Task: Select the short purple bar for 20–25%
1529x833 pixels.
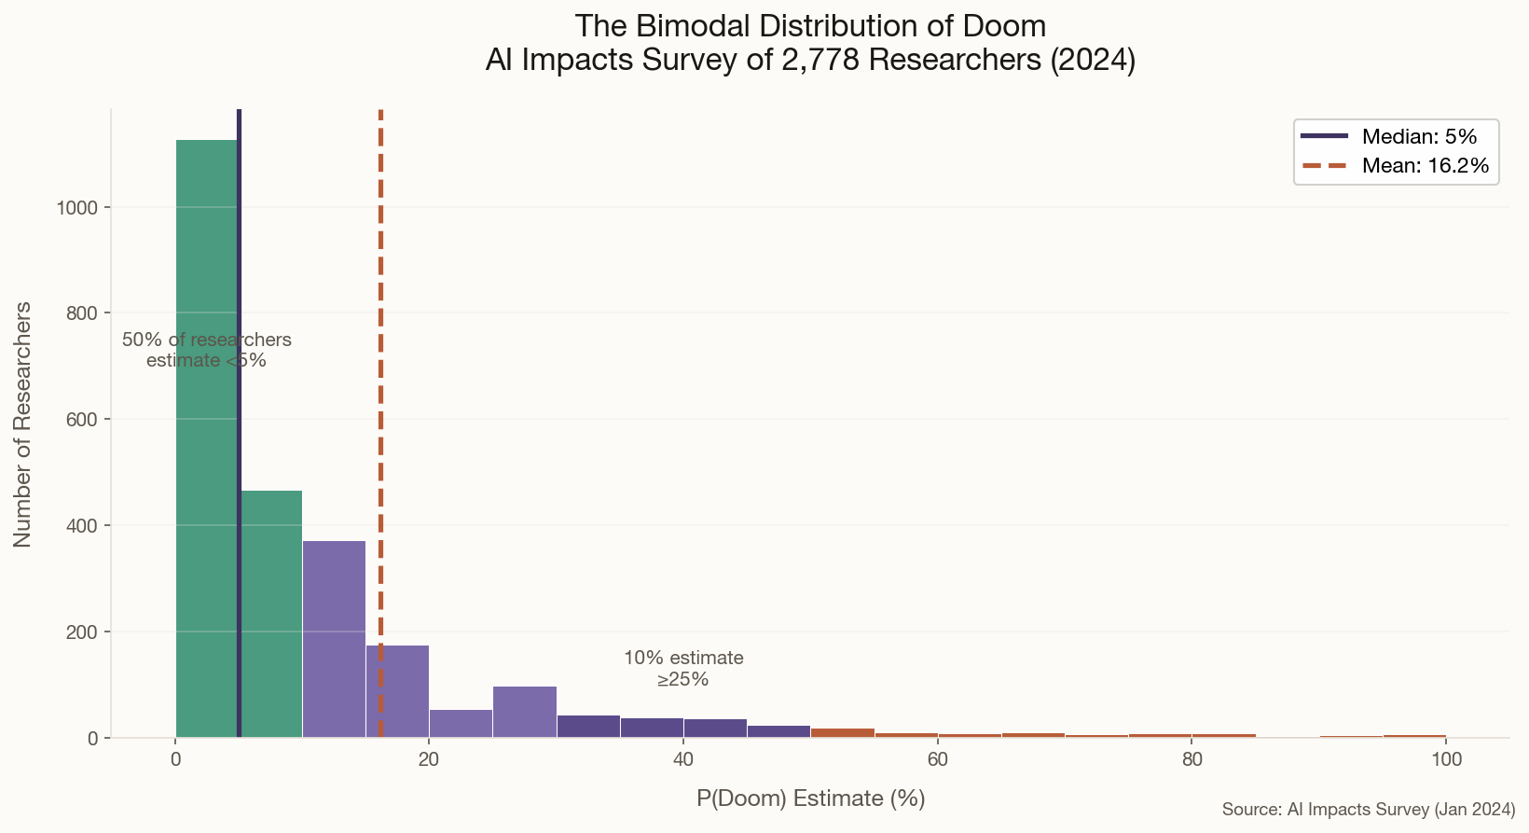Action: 461,724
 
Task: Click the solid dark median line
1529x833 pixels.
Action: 239,280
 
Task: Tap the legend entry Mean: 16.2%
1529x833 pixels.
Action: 1425,166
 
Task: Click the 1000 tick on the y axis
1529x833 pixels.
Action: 77,207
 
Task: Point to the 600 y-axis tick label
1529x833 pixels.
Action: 82,420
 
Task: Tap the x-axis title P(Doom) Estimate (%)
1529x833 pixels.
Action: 810,798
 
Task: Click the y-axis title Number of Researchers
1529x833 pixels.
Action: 22,423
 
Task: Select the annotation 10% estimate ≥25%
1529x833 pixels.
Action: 682,668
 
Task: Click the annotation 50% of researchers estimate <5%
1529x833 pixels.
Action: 206,350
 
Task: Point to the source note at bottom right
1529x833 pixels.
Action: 1368,809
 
